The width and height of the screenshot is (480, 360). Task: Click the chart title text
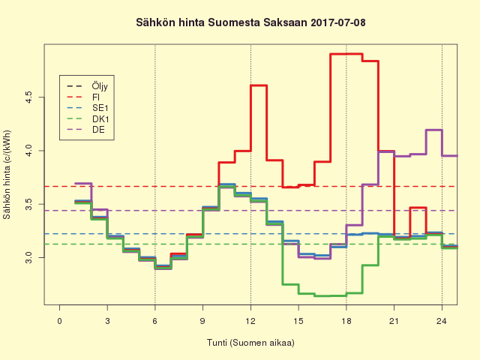click(240, 23)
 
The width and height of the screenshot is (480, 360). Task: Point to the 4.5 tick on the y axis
click(28, 97)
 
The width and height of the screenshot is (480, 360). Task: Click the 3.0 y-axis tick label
click(28, 257)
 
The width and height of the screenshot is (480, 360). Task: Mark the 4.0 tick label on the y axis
click(28, 151)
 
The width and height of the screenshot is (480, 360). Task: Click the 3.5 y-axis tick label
click(28, 204)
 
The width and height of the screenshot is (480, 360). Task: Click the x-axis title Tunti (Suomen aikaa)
click(250, 343)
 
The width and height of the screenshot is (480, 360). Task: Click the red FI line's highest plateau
click(346, 54)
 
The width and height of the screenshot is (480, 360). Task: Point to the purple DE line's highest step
click(433, 130)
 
